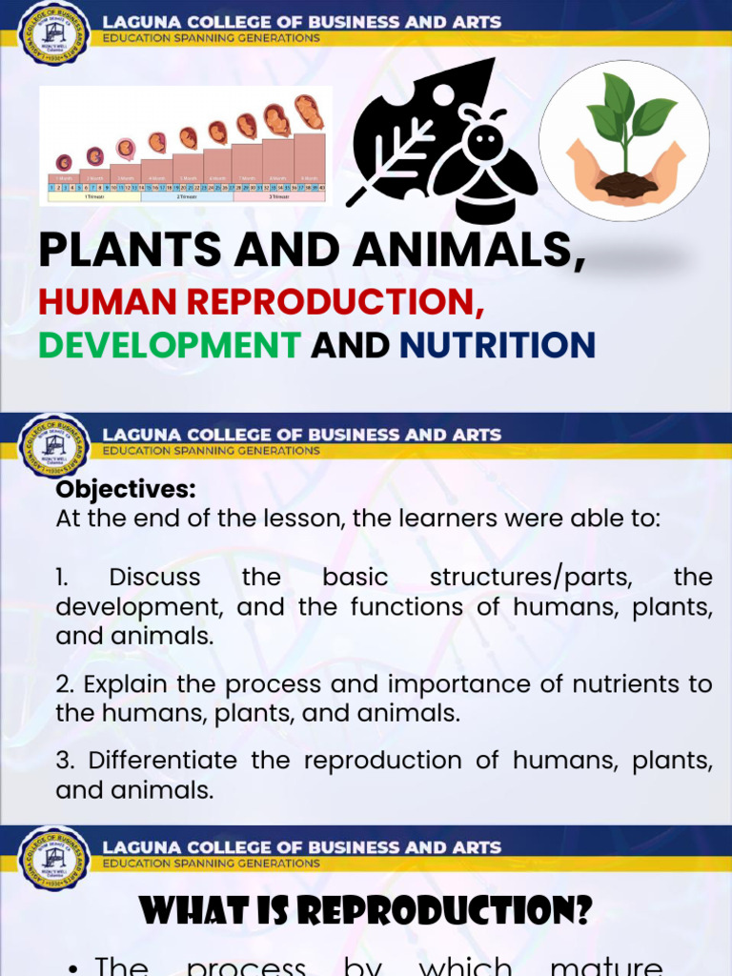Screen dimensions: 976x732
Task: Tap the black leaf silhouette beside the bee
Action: coord(410,133)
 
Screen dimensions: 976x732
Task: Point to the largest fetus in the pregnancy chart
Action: coord(308,112)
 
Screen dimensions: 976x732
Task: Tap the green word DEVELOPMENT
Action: coord(170,345)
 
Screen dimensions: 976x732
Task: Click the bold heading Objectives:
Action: coord(126,490)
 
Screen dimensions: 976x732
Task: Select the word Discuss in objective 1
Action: coord(154,578)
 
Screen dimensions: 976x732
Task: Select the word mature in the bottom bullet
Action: coord(606,965)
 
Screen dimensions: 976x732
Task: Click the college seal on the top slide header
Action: coord(54,34)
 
